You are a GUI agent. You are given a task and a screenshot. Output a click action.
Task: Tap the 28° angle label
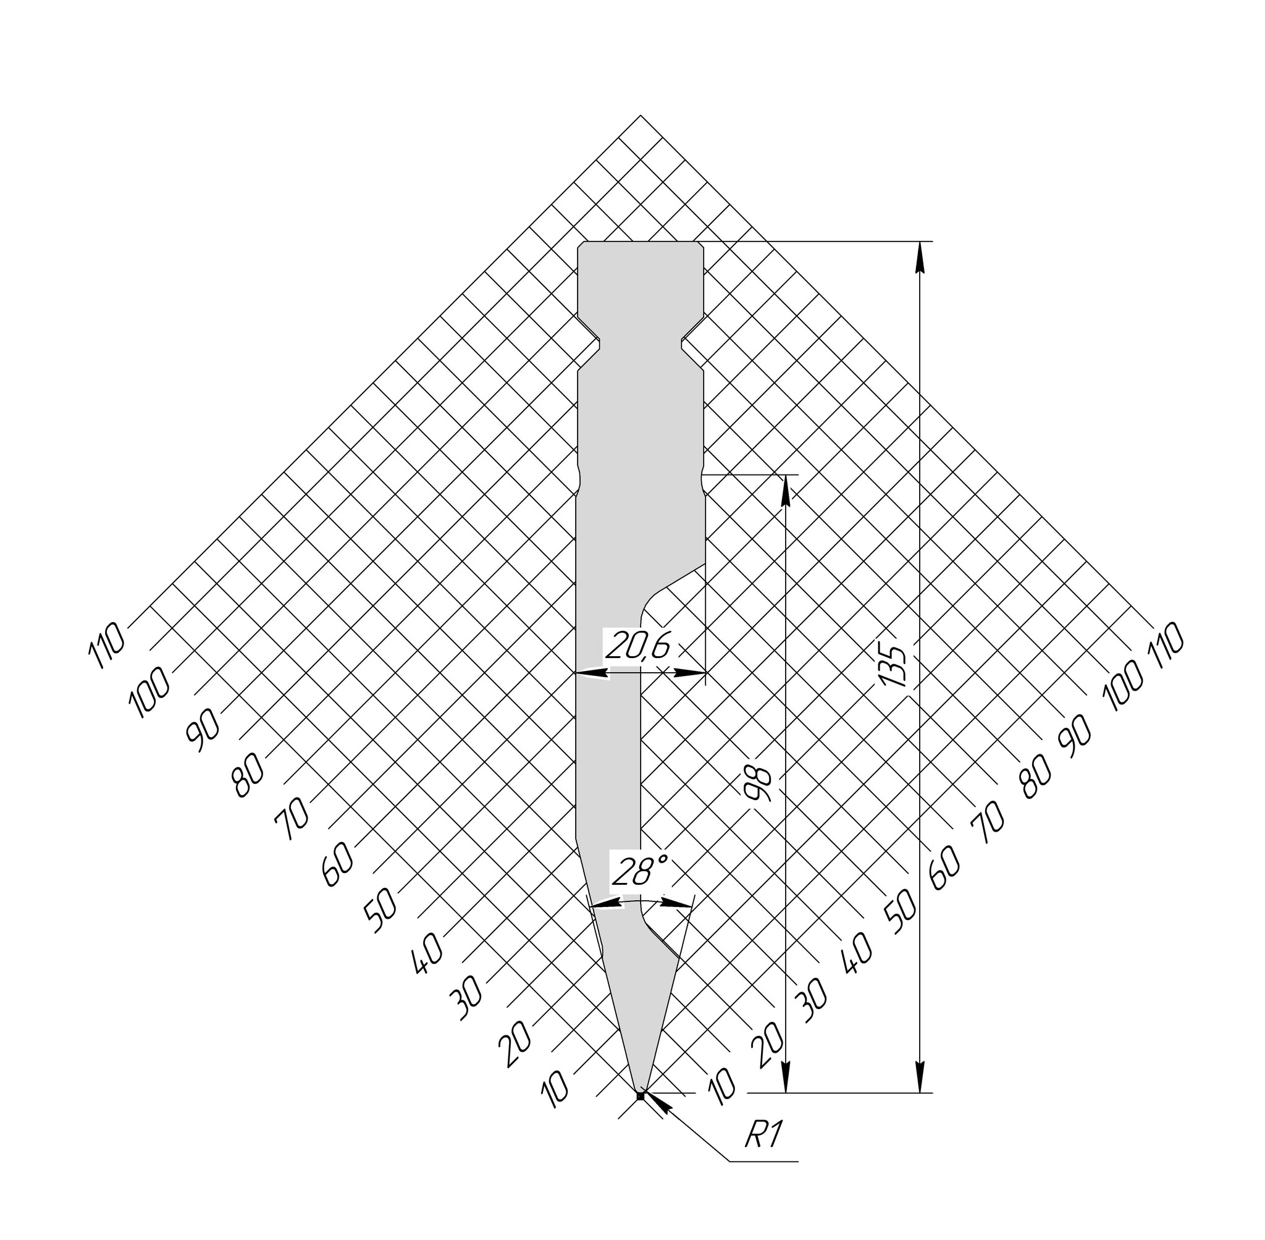[x=639, y=871]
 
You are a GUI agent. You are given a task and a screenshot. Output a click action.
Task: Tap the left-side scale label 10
[x=557, y=1090]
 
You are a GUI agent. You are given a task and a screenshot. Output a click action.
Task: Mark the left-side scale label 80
[x=250, y=775]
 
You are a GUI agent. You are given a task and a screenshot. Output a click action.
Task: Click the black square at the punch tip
[x=640, y=1096]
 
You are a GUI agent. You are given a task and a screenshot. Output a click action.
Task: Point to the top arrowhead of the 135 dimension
[x=919, y=257]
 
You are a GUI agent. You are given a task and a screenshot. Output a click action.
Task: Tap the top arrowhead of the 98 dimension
[x=786, y=490]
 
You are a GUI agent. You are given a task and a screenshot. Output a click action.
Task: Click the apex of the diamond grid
[x=641, y=116]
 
